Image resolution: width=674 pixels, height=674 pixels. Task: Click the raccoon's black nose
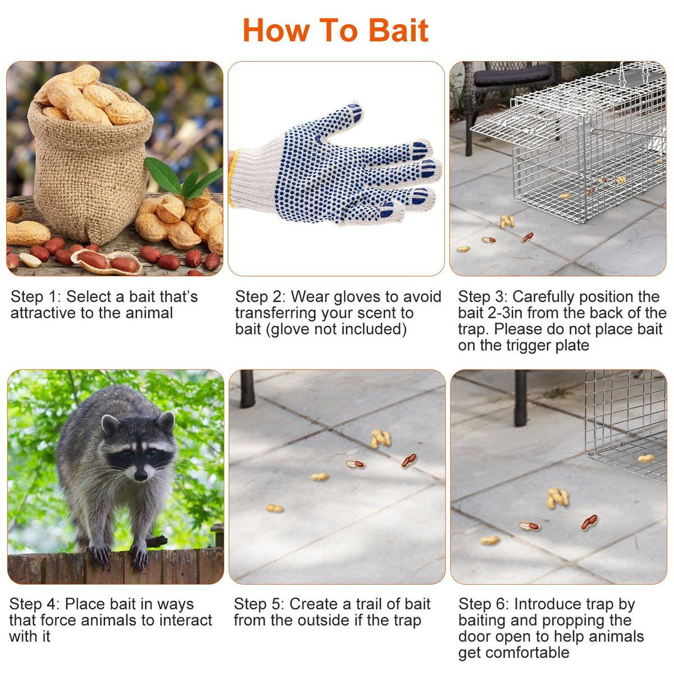point(140,475)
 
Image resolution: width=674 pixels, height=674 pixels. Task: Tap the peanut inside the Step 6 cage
point(646,458)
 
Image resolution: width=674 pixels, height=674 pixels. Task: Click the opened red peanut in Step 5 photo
point(409,461)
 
